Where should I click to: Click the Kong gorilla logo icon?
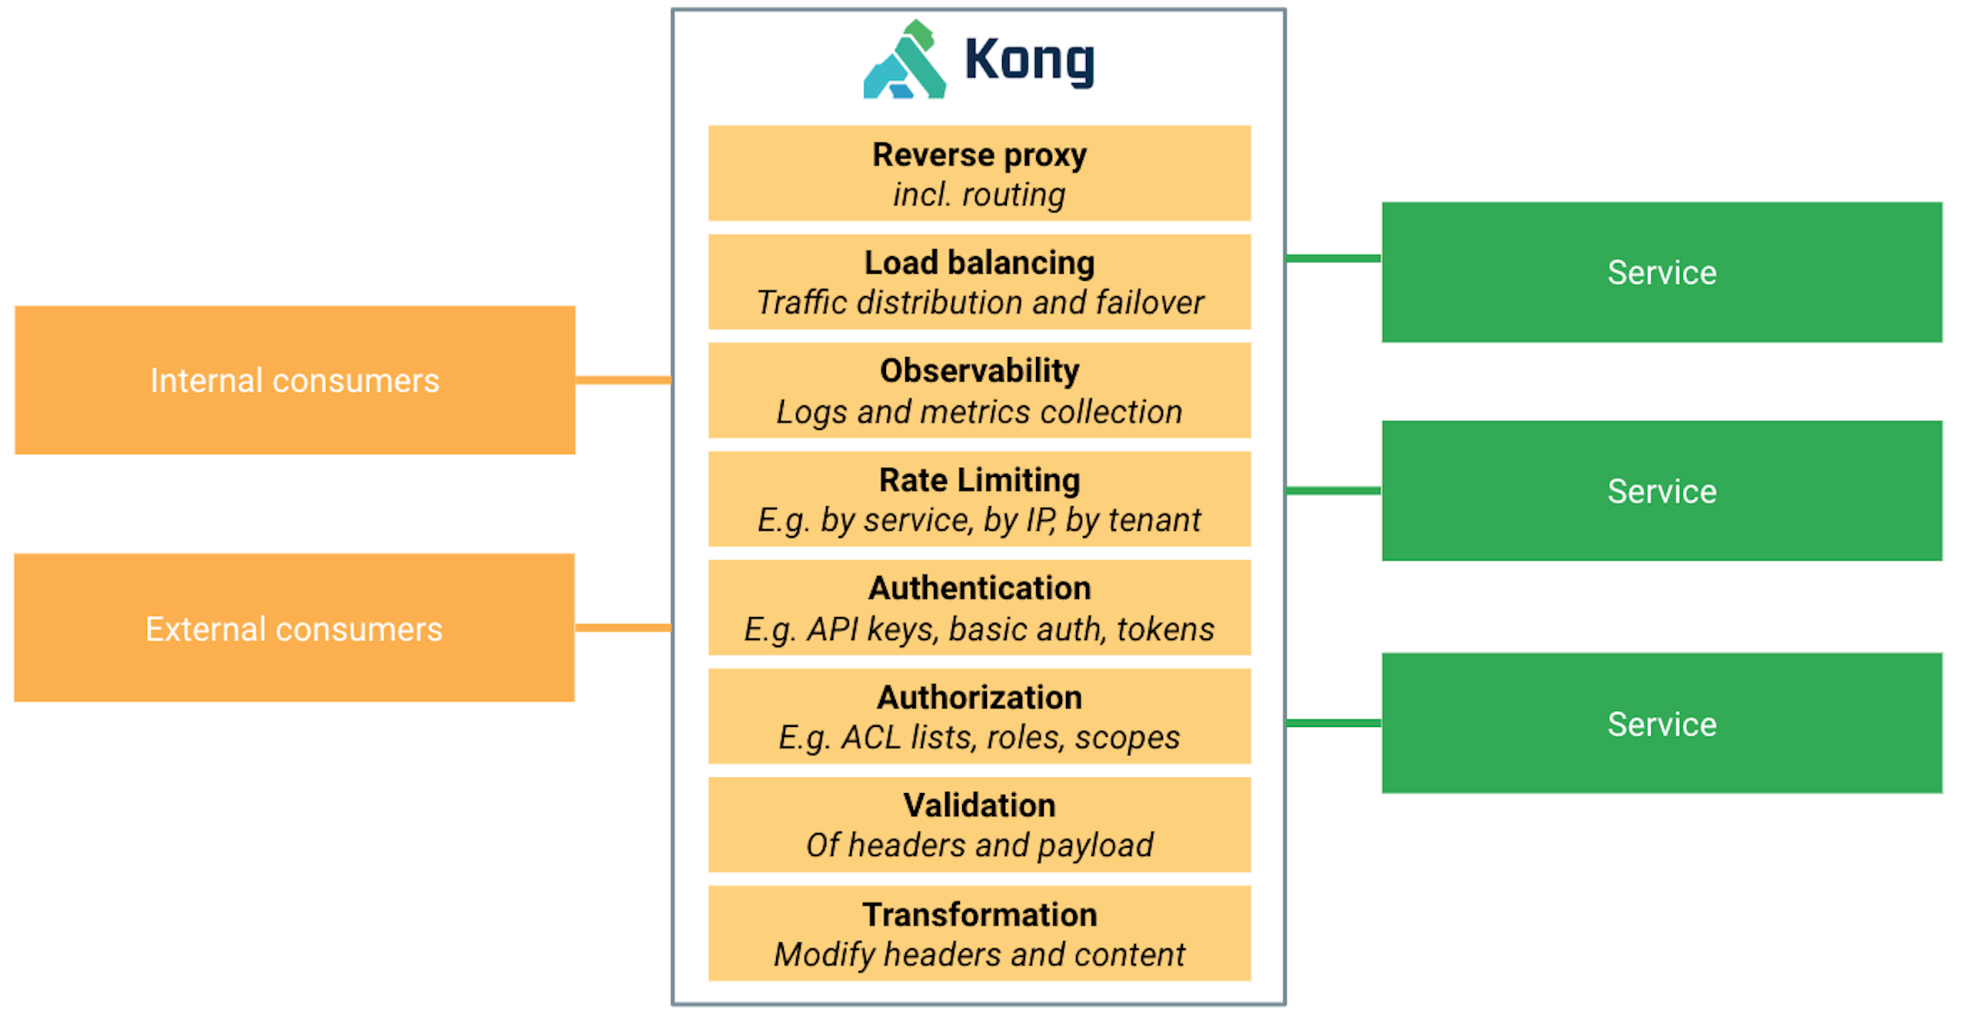(904, 62)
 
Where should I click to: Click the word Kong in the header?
(1028, 60)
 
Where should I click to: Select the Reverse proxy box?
(978, 174)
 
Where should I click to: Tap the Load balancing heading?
(978, 263)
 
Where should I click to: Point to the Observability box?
(978, 391)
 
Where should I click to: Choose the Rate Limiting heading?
(978, 480)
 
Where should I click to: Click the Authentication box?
(978, 608)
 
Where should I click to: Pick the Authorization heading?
(978, 698)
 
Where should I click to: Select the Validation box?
(978, 825)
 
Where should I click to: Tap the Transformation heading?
(978, 915)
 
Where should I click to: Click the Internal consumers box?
(295, 381)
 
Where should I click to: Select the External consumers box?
(294, 628)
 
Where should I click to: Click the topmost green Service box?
(1661, 272)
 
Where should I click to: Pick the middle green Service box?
(1661, 491)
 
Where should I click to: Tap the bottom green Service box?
(1661, 723)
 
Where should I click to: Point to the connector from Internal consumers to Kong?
(623, 380)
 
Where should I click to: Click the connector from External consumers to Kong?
(623, 628)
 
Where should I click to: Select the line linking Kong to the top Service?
(1332, 258)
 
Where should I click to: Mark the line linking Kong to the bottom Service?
(1332, 723)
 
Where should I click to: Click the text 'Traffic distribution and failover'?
(979, 303)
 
